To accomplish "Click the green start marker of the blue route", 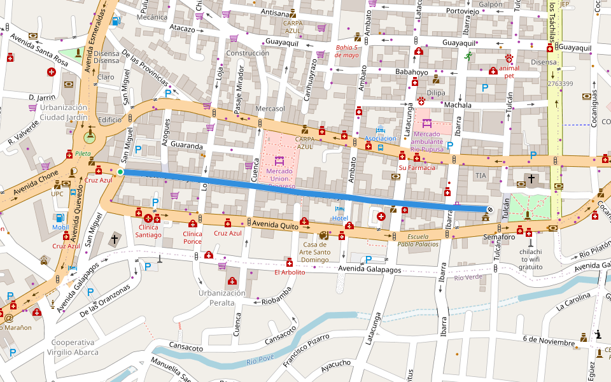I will click(x=120, y=172).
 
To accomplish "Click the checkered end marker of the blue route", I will click(x=490, y=209).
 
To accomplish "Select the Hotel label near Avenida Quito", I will click(x=340, y=218).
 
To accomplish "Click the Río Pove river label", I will click(x=260, y=362).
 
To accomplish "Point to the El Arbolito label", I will click(x=290, y=272).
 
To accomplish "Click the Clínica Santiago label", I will click(x=148, y=231).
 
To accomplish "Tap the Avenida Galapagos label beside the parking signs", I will click(x=370, y=269).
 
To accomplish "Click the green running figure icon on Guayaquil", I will click(x=468, y=56).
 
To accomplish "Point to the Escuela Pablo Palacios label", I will click(x=418, y=240).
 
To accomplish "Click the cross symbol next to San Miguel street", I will click(x=115, y=239).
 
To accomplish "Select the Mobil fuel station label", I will click(x=60, y=227).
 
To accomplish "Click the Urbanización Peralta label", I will click(x=221, y=297).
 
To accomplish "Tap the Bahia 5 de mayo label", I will click(x=348, y=51).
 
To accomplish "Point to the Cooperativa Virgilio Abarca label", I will click(x=75, y=347).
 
